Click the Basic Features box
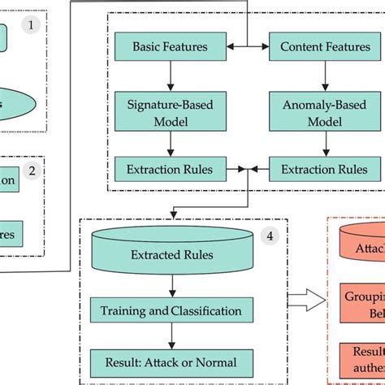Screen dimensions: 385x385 tap(170, 47)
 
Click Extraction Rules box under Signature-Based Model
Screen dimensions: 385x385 tap(170, 170)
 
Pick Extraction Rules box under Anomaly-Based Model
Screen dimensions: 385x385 tap(318, 170)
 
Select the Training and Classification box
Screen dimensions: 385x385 tap(171, 310)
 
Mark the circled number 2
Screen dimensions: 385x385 tap(31, 171)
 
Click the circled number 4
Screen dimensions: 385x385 tap(270, 238)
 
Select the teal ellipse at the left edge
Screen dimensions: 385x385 tap(20, 104)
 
